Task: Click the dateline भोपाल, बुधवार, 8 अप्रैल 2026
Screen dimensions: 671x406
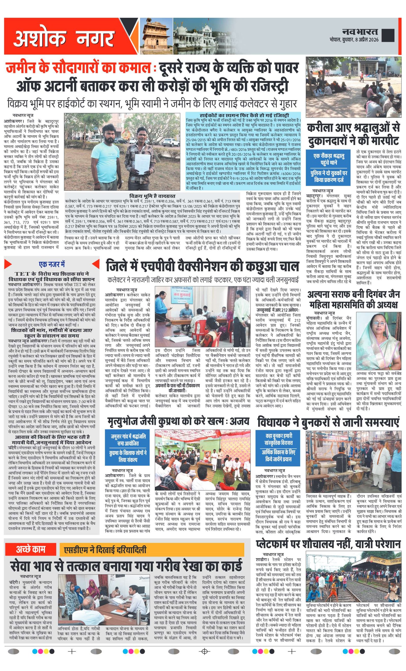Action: (x=354, y=40)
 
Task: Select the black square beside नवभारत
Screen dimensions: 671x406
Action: (x=388, y=35)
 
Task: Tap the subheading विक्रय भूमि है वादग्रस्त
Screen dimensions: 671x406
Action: (x=152, y=196)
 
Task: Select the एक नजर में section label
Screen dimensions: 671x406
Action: (x=52, y=264)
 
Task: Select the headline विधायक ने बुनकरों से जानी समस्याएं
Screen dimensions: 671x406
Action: (x=328, y=422)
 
